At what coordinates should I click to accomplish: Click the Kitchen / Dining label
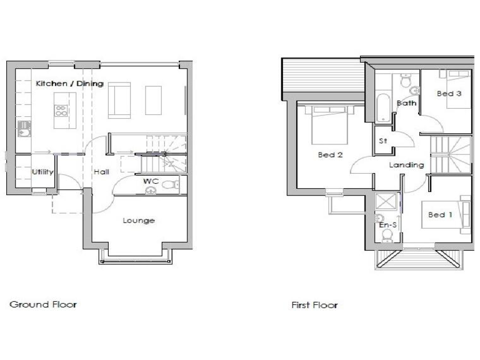click(x=69, y=84)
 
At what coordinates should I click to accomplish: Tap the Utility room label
click(x=42, y=172)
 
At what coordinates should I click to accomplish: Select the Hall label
click(x=101, y=172)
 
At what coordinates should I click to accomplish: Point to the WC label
click(x=150, y=181)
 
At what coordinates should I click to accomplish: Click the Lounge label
click(x=138, y=220)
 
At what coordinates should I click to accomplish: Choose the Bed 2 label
click(x=330, y=155)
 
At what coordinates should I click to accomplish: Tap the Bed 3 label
click(x=449, y=94)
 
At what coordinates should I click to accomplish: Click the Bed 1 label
click(x=441, y=214)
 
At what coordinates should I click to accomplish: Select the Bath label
click(x=406, y=103)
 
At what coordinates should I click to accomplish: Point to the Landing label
click(x=406, y=165)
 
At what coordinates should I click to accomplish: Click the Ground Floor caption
click(x=43, y=304)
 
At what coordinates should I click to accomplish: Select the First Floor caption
click(x=314, y=305)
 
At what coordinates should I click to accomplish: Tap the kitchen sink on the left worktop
click(x=24, y=130)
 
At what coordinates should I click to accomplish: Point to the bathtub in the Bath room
click(x=382, y=108)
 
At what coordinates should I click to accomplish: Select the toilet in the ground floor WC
click(x=169, y=184)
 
